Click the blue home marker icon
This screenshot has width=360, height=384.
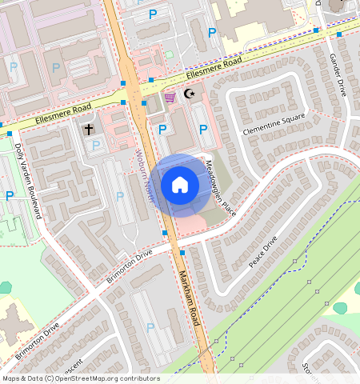tap(180, 185)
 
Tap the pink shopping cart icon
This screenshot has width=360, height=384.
tap(170, 98)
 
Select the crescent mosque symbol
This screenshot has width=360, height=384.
tap(190, 94)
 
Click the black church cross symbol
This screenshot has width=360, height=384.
tap(88, 128)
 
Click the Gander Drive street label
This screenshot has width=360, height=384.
tap(337, 75)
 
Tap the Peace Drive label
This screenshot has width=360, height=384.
tap(262, 253)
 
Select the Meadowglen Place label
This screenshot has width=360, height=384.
tap(217, 183)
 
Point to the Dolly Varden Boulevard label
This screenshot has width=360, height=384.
tap(27, 181)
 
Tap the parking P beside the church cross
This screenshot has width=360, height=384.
tap(97, 145)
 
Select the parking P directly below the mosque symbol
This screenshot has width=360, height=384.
tap(202, 129)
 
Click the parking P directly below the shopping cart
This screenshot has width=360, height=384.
tap(162, 129)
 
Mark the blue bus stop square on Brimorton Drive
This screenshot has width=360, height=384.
tap(182, 253)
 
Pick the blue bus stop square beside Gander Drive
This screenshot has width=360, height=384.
tap(317, 31)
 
